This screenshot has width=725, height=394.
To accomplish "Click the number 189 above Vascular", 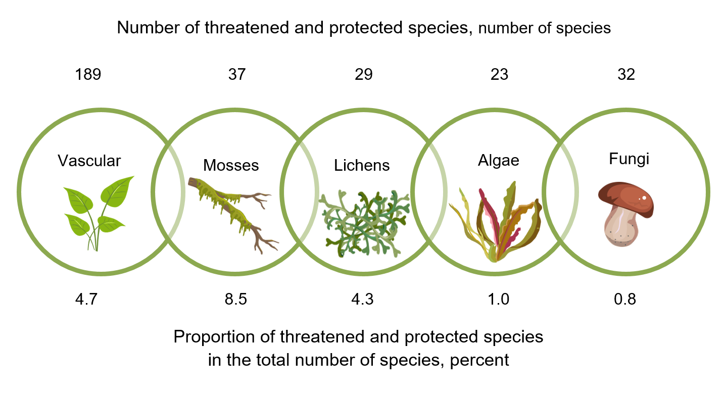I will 88,75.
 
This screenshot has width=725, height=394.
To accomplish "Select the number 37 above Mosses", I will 236,75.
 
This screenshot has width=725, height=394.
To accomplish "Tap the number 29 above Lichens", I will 363,75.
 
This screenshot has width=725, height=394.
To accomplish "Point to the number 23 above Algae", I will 499,75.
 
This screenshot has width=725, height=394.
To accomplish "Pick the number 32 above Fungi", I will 626,75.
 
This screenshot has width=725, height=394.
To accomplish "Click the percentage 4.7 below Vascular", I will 88,299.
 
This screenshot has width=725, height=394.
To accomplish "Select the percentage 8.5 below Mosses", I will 236,299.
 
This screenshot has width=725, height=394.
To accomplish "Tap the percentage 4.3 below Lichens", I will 363,299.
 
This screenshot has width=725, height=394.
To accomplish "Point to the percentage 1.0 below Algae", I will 499,299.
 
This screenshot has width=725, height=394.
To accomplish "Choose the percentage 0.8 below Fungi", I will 625,299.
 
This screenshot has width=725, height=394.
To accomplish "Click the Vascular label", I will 89,161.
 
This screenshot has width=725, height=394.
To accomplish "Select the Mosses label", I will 231,165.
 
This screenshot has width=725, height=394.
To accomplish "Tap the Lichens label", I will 362,165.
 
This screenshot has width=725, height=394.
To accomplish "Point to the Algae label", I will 499,160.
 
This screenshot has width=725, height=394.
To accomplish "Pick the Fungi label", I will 629,159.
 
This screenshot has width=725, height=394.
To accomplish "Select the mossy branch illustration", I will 232,212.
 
